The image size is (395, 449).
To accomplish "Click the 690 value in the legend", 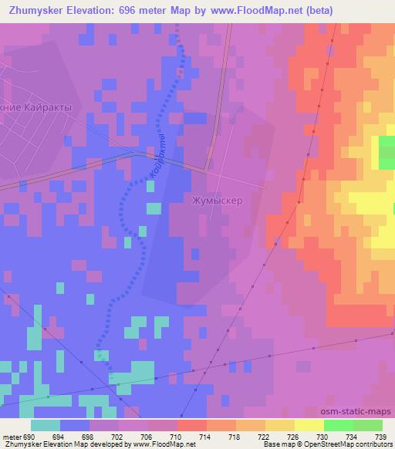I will [28, 436].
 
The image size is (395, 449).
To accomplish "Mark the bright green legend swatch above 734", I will [338, 425].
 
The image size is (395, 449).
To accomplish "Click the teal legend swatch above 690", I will [46, 425].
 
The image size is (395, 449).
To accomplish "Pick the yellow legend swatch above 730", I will [309, 425].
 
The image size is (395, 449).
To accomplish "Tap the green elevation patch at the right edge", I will [386, 152].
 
